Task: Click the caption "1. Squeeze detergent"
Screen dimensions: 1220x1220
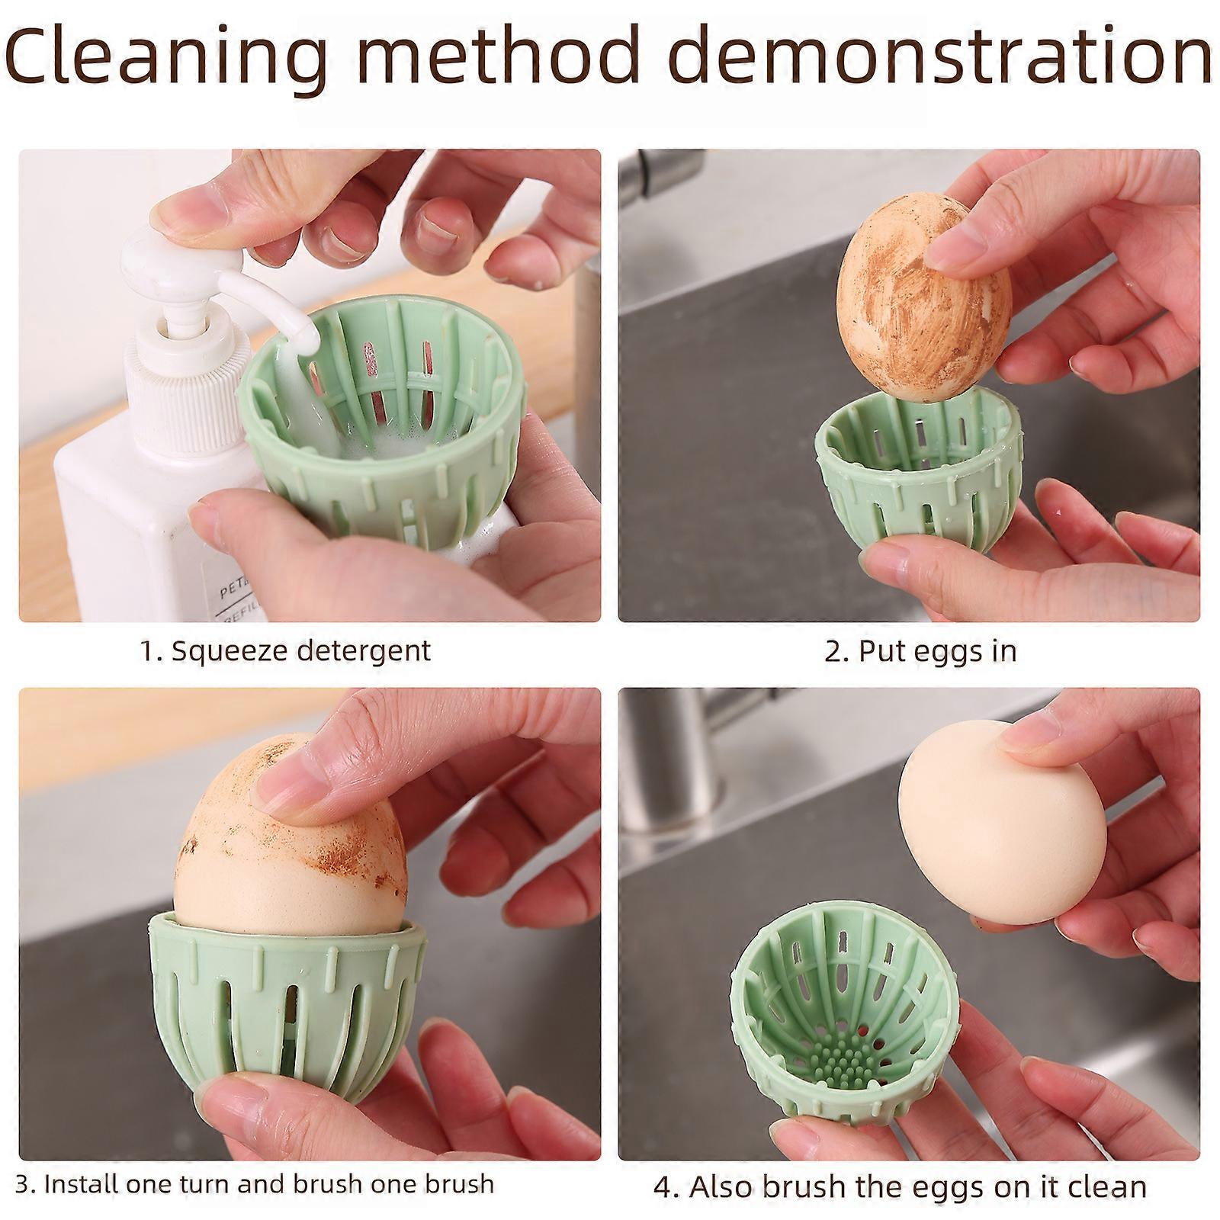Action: point(286,650)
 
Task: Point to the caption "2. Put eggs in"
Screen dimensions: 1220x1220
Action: point(920,650)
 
